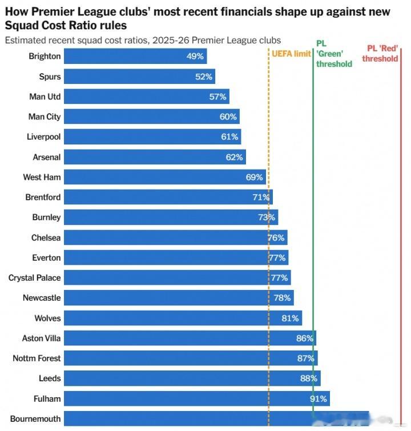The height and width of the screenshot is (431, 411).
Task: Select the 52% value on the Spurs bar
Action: [x=204, y=76]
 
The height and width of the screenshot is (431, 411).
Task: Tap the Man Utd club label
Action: [x=45, y=96]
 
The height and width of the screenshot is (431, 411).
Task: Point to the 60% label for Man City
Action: [x=228, y=116]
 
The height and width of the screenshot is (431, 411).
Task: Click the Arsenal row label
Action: [x=47, y=157]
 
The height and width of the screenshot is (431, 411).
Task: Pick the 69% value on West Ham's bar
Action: [x=255, y=177]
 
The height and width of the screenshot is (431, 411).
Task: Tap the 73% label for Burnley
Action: [x=267, y=217]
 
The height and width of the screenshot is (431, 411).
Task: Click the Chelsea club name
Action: [x=46, y=237]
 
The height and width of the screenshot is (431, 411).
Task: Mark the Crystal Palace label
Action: [x=35, y=278]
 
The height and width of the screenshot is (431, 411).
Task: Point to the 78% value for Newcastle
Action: [x=283, y=298]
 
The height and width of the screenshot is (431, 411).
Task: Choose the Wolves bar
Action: [x=183, y=318]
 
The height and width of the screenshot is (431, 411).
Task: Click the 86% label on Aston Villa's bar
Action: [x=305, y=338]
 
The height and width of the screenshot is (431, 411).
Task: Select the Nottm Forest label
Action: [x=37, y=359]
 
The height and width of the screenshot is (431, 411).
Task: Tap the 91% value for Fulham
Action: [x=319, y=398]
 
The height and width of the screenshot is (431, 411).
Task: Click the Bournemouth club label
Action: [x=35, y=418]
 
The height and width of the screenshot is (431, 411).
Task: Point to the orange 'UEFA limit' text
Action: [x=291, y=54]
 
